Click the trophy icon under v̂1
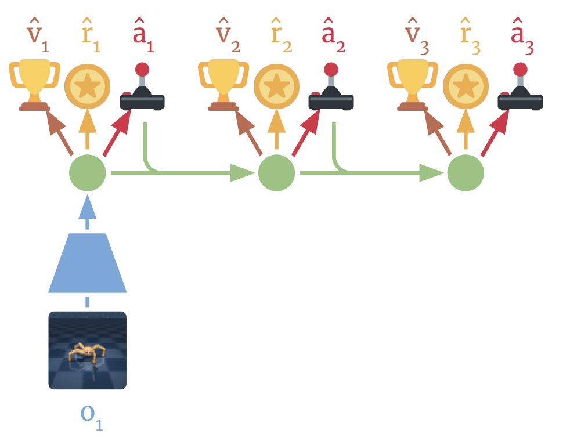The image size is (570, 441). pyautogui.click(x=35, y=85)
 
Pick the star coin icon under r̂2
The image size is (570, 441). pyautogui.click(x=276, y=86)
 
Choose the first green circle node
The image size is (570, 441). pyautogui.click(x=87, y=172)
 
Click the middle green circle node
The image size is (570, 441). pyautogui.click(x=276, y=172)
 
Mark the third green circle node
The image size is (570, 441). pyautogui.click(x=466, y=172)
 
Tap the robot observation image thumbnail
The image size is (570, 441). pyautogui.click(x=87, y=350)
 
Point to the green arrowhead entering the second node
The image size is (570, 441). pyautogui.click(x=243, y=172)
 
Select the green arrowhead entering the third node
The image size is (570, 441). pyautogui.click(x=432, y=172)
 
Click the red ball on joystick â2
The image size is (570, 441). pyautogui.click(x=331, y=70)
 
